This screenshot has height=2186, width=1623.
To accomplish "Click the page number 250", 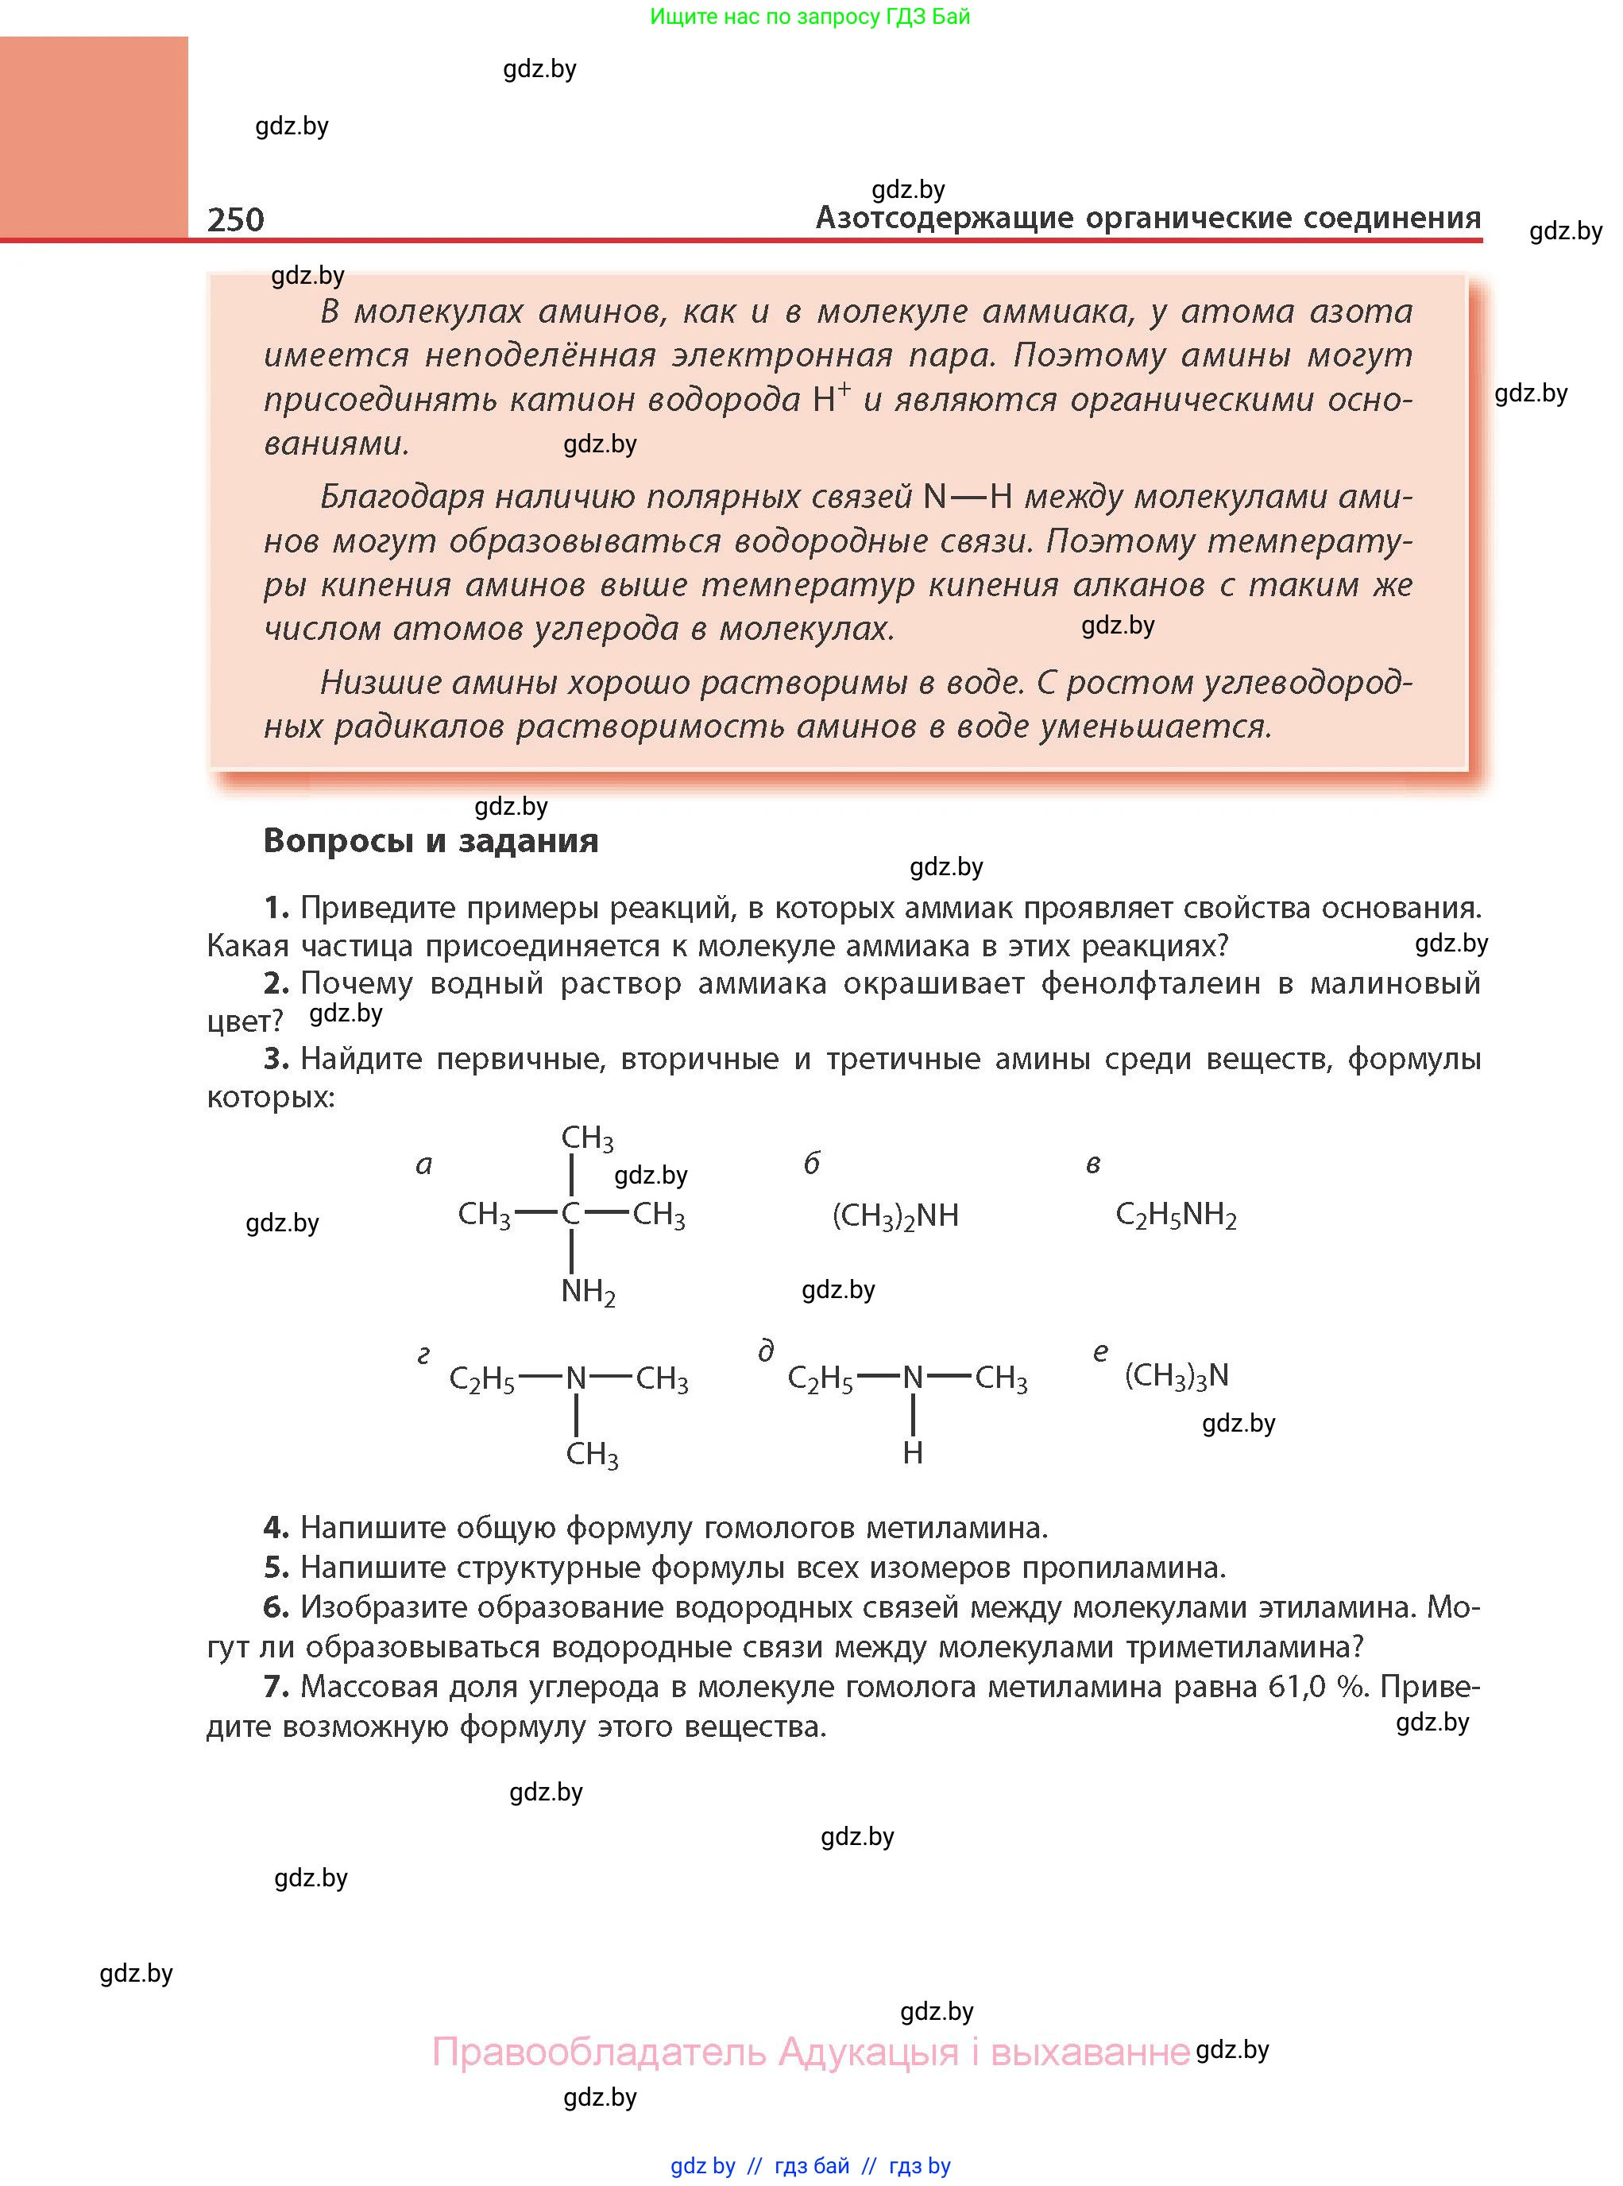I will tap(236, 219).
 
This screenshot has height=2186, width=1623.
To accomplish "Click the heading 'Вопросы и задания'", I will tap(431, 841).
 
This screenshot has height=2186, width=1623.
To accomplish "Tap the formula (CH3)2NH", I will tap(895, 1216).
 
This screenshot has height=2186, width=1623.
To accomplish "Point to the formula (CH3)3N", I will tap(1176, 1375).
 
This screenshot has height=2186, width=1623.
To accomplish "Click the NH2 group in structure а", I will tap(588, 1292).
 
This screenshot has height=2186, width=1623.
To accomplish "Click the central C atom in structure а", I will tap(571, 1214).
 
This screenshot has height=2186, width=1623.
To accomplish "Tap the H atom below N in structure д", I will tap(913, 1453).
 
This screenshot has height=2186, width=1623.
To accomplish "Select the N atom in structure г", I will tap(576, 1378).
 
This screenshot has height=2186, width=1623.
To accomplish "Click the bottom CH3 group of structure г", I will tap(591, 1454).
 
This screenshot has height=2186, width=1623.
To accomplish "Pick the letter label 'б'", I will tap(812, 1164).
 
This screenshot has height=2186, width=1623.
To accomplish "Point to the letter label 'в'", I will tap(1092, 1165).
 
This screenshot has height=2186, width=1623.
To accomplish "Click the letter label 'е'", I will tap(1100, 1352).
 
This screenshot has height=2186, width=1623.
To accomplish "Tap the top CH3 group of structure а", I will tap(586, 1138).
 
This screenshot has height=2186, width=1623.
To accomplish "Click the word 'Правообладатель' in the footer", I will tap(598, 2052).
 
